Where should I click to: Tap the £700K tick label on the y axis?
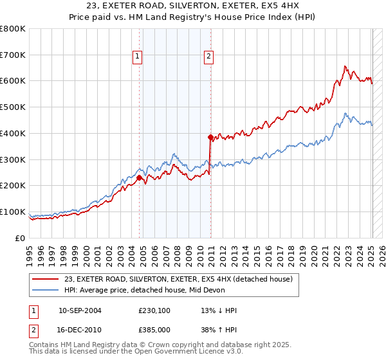point(13,55)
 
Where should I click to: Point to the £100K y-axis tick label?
point(13,212)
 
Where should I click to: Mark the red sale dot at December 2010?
point(210,137)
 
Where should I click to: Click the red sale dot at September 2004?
point(139,177)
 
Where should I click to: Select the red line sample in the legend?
point(46,279)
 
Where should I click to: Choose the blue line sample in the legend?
point(46,290)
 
